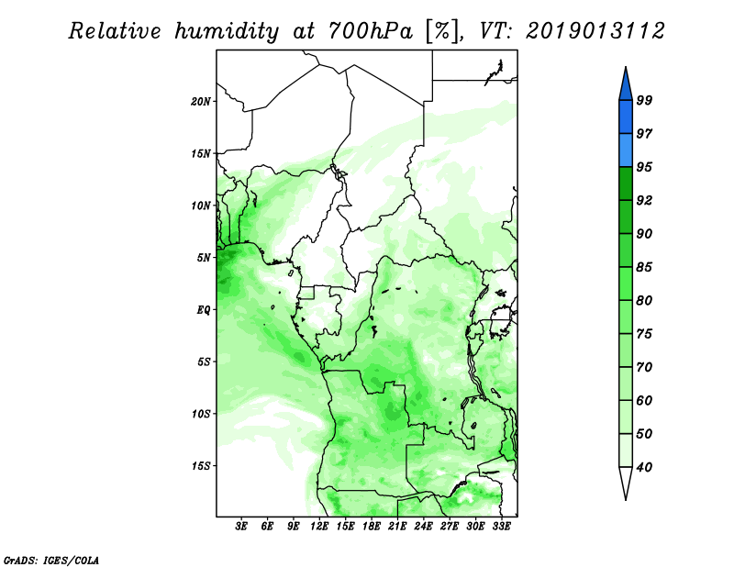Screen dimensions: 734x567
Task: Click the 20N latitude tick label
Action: tap(200, 102)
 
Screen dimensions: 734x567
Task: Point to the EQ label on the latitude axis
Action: tap(203, 310)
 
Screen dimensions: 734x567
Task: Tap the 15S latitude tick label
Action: tap(200, 466)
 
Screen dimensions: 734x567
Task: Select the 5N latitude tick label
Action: tap(204, 258)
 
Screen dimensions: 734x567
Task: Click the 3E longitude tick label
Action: tap(241, 527)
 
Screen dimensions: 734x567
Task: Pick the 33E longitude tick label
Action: tap(501, 527)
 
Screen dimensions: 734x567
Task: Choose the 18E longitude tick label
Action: tap(372, 527)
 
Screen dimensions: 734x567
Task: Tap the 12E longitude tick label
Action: tap(319, 527)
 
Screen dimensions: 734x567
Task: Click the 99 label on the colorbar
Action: tap(644, 100)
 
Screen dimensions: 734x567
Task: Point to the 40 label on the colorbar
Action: tap(644, 467)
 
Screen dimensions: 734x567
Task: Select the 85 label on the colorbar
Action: tap(644, 267)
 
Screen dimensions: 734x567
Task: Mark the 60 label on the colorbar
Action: tap(644, 401)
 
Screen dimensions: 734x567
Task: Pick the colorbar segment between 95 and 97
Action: tap(626, 150)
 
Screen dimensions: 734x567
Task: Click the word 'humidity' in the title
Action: tap(227, 31)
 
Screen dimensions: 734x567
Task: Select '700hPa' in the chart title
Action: tap(371, 31)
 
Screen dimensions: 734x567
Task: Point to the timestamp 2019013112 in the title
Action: tap(595, 31)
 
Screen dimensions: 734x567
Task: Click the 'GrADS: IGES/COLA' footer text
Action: tap(51, 560)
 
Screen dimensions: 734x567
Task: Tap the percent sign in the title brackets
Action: tap(441, 31)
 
